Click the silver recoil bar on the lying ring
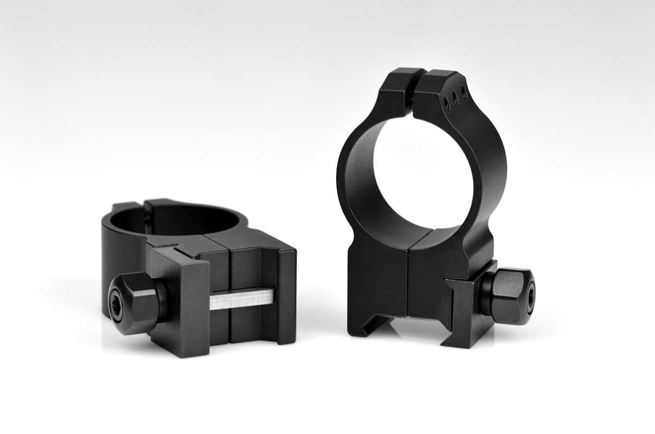coord(242,298)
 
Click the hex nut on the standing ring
coord(512,296)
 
